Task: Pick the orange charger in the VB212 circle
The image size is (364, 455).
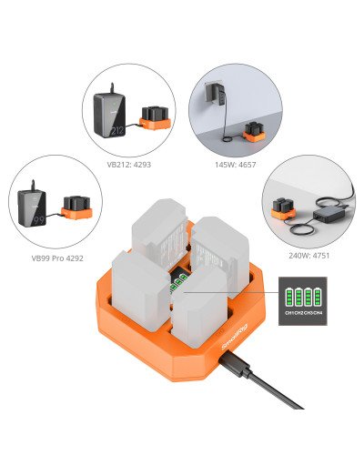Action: pos(152,117)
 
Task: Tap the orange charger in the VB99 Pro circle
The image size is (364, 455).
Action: pos(76,210)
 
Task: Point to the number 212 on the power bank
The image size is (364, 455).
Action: pos(117,129)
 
